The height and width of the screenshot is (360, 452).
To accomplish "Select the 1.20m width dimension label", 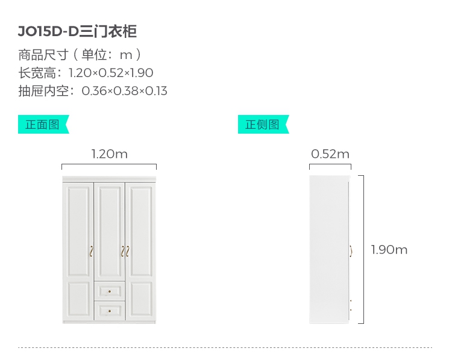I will click(x=109, y=154).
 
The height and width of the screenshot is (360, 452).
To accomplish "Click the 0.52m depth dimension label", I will click(x=330, y=154).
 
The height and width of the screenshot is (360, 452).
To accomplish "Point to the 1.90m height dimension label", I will click(x=389, y=249).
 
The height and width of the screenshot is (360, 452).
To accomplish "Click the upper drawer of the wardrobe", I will click(x=109, y=291).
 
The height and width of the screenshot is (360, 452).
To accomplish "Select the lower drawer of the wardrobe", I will click(x=109, y=311).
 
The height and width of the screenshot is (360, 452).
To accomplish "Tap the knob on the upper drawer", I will click(x=110, y=292).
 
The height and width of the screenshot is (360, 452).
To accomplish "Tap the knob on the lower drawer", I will click(x=110, y=311).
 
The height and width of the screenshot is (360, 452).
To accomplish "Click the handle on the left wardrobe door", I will click(x=91, y=251).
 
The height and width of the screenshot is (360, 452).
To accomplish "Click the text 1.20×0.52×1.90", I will click(x=111, y=73).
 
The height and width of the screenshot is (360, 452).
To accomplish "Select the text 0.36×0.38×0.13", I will click(x=124, y=92).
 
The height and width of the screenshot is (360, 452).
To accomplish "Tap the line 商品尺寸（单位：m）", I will click(x=80, y=55).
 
